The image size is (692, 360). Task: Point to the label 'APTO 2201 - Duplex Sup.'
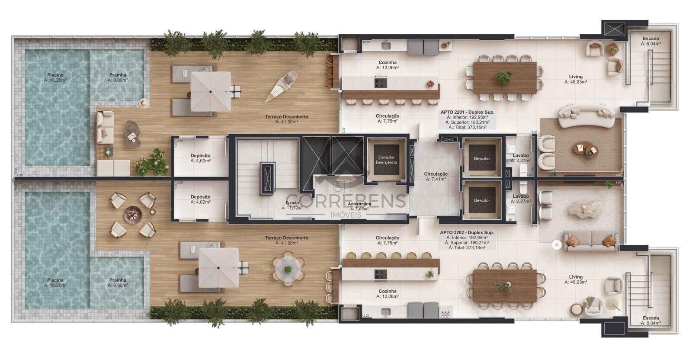(x=467, y=112)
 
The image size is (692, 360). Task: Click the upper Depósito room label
(x=200, y=158)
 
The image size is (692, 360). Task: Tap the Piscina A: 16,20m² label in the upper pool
(x=57, y=77)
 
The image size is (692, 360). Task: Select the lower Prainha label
(x=118, y=283)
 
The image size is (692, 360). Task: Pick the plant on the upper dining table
(x=504, y=78)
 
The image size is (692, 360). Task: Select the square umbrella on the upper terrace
(x=211, y=91)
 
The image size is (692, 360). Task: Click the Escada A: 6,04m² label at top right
(x=650, y=41)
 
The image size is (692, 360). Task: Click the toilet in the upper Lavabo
(x=524, y=170)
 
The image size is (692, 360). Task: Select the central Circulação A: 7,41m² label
(x=436, y=176)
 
